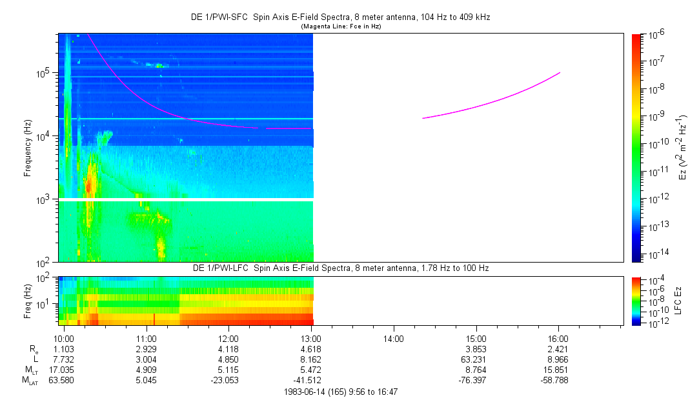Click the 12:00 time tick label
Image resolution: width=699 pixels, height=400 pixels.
coord(228,339)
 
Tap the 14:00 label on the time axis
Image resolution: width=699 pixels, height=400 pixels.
coord(394,339)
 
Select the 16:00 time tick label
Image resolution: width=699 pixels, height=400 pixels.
coord(558,339)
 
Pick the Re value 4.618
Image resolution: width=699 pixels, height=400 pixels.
coord(311,349)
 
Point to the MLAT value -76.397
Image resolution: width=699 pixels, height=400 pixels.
coord(472,381)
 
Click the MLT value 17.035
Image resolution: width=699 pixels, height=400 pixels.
coord(61,370)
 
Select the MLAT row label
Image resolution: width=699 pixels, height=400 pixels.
coord(31,381)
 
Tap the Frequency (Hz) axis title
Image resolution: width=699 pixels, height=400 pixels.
coord(28,148)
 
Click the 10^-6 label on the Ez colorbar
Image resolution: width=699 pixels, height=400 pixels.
coord(656,34)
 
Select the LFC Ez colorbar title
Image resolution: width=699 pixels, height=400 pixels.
coord(678,301)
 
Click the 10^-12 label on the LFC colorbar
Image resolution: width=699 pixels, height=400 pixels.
coord(655,323)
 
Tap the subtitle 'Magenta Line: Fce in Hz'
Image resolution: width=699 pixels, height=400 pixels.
coord(341,26)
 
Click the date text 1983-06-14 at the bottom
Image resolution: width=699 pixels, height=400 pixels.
coord(305,392)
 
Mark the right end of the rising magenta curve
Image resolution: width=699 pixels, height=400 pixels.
coord(560,73)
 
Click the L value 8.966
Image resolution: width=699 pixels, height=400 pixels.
coord(558,359)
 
